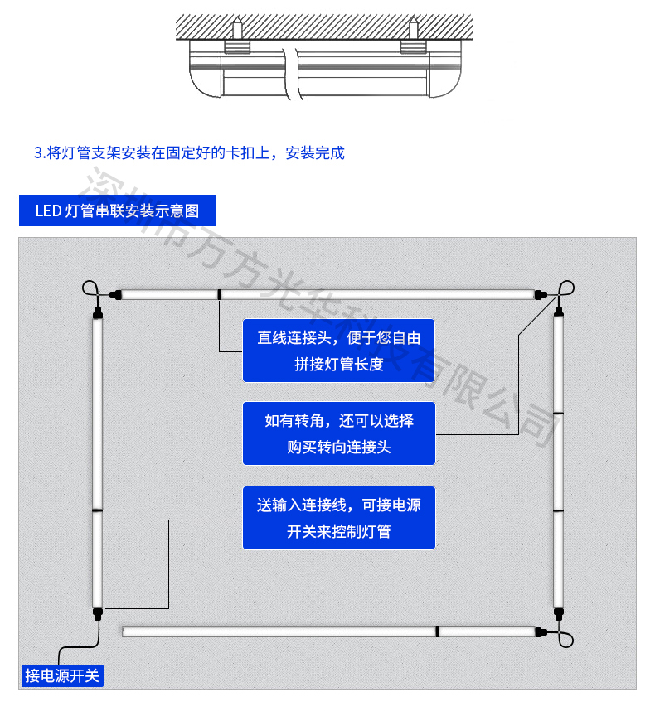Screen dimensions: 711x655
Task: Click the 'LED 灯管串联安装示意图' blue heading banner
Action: click(118, 210)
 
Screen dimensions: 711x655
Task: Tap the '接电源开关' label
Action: click(62, 675)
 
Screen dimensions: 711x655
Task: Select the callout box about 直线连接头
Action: click(338, 351)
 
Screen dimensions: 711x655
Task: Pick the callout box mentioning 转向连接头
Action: click(338, 433)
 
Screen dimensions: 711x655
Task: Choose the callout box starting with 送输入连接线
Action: click(338, 518)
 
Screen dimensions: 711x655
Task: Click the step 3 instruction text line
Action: click(189, 153)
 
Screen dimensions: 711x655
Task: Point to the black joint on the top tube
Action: click(219, 293)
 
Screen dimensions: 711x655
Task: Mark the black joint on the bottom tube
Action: click(436, 631)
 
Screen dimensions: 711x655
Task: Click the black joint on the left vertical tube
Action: click(97, 511)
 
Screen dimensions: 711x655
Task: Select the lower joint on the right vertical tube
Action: click(558, 511)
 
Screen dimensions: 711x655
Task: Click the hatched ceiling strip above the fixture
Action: click(323, 26)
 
